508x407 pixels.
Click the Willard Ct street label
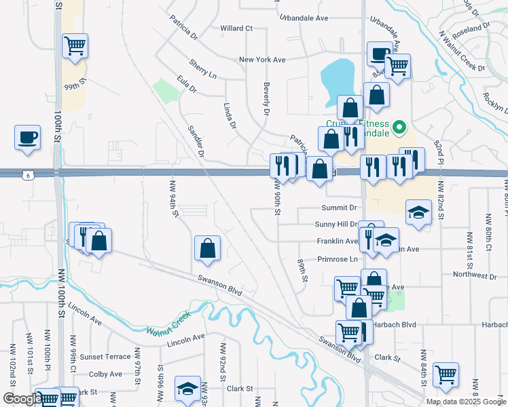[x=236, y=28]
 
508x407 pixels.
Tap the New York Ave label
[x=262, y=60]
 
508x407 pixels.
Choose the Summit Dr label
[x=340, y=208]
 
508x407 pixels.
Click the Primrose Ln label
[x=337, y=259]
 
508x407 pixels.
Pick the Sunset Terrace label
[x=105, y=357]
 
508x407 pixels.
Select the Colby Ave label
[x=105, y=374]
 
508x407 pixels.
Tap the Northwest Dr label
[x=475, y=275]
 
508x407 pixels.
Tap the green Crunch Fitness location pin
[x=399, y=126]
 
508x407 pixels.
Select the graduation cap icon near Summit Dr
[x=418, y=212]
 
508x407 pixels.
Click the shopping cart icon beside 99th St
[x=75, y=46]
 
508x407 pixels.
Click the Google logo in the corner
[x=22, y=400]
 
